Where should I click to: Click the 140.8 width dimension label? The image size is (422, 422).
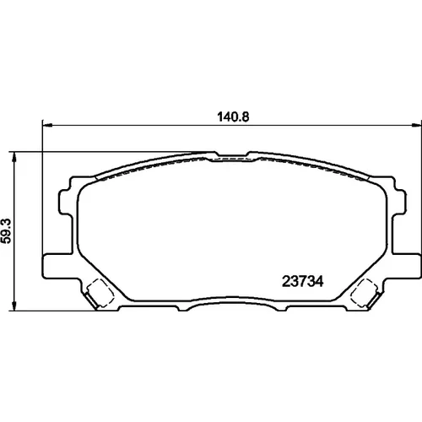click(233, 117)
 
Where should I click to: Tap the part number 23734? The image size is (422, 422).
click(302, 281)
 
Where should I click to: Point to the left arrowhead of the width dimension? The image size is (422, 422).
click(47, 125)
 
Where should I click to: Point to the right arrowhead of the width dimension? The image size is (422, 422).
click(416, 125)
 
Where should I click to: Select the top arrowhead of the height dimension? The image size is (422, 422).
click(14, 158)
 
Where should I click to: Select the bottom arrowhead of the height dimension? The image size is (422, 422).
click(14, 306)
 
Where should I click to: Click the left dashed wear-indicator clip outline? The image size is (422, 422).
click(100, 293)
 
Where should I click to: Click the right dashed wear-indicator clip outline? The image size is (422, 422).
click(364, 293)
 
